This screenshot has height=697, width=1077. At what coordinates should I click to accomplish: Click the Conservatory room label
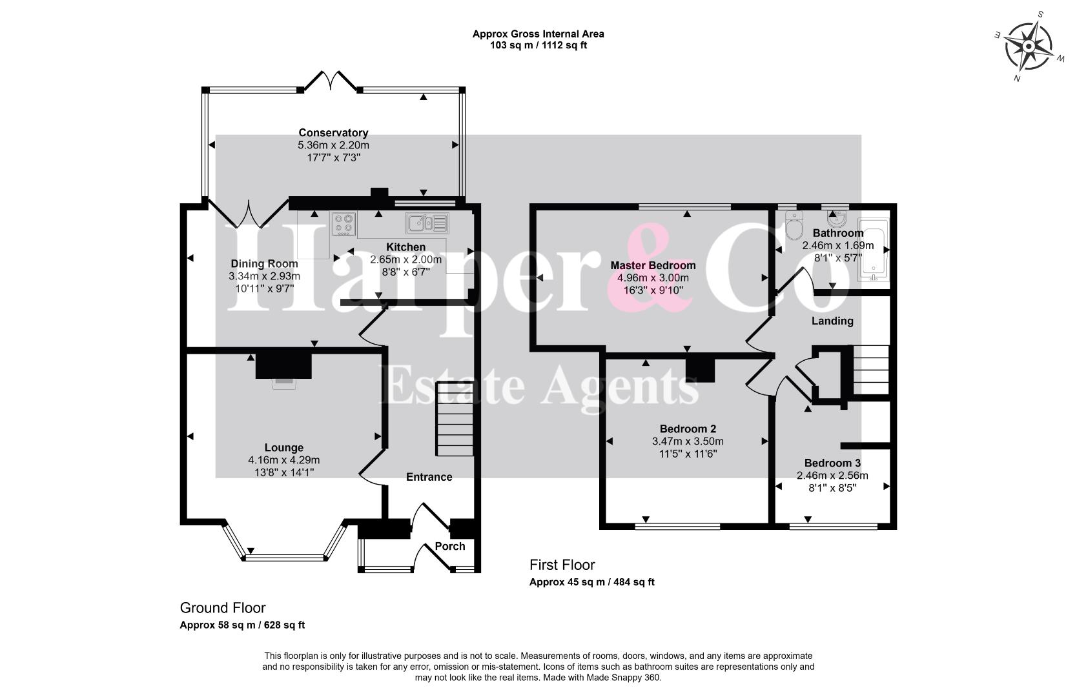click(333, 133)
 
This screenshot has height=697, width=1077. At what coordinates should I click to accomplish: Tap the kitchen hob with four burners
click(344, 224)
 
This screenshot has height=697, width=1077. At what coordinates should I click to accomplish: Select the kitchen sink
click(427, 223)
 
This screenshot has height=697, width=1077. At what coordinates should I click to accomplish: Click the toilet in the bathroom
click(794, 225)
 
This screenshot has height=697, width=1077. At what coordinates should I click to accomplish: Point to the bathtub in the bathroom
click(873, 250)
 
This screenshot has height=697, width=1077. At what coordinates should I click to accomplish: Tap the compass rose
click(1029, 46)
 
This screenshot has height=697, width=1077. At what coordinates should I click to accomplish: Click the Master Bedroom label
click(653, 265)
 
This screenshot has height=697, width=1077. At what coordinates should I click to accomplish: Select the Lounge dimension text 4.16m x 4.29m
click(283, 460)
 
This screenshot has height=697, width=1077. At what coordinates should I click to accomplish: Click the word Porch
click(450, 546)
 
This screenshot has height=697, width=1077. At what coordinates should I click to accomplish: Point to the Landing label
click(832, 321)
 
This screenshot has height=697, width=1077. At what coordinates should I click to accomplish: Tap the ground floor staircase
click(455, 419)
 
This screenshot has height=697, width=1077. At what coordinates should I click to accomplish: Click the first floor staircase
click(871, 370)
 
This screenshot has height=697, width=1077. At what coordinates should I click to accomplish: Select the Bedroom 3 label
click(832, 463)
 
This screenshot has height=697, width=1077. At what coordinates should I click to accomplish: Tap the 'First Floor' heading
click(562, 564)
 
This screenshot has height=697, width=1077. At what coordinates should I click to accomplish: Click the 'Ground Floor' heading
click(223, 607)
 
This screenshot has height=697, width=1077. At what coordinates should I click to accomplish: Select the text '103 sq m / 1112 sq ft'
click(538, 46)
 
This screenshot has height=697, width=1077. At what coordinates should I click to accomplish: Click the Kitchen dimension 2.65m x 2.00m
click(405, 259)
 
